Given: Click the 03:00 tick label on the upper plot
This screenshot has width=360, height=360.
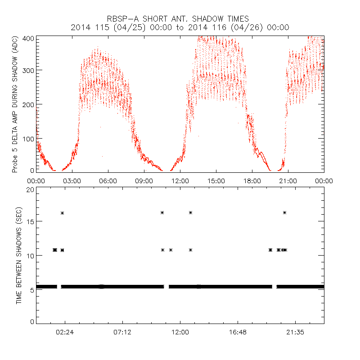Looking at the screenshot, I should tap(72, 180).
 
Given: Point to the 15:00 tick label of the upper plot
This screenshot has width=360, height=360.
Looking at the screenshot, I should tap(216, 180).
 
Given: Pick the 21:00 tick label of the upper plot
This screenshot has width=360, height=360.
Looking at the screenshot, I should tap(288, 180).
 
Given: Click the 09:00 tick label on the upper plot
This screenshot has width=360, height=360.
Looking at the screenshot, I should tap(144, 180).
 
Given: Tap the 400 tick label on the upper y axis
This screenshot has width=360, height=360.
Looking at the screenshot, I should tap(28, 38).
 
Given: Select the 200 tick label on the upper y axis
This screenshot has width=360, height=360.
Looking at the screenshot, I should tap(28, 104).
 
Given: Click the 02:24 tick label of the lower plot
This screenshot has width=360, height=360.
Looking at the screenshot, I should tap(65, 332).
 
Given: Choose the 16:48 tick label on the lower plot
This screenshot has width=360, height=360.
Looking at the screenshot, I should tap(238, 332).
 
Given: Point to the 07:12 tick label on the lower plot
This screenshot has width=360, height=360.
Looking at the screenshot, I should tap(122, 332).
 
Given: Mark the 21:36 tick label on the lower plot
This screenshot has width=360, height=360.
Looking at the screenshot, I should tap(295, 332).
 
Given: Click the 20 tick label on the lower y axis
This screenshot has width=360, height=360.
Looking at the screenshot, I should tap(31, 190).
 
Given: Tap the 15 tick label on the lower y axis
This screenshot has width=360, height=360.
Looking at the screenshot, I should tap(31, 221).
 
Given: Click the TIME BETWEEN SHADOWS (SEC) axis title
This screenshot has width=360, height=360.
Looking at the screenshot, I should tap(19, 255).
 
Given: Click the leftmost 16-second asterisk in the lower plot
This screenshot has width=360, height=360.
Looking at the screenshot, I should tap(63, 213).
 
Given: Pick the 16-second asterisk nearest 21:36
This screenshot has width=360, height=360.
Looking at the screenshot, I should tap(284, 212).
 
